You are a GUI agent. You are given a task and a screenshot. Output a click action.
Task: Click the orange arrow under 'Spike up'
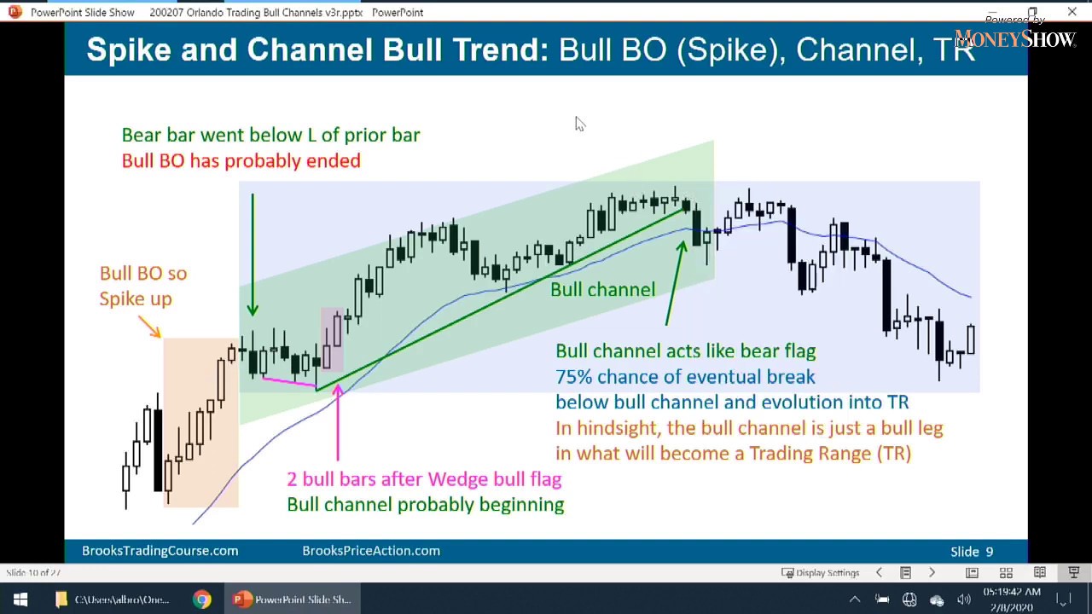pyautogui.click(x=149, y=327)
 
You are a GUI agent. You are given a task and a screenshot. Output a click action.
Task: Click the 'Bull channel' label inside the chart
pyautogui.click(x=602, y=290)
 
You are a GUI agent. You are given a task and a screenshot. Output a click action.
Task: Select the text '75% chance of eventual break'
pyautogui.click(x=685, y=377)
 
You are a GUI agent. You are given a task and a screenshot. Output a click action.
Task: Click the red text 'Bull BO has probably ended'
pyautogui.click(x=241, y=161)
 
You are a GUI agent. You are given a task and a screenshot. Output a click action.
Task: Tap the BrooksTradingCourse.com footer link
pyautogui.click(x=160, y=551)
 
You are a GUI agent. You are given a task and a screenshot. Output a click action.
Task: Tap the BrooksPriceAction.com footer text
pyautogui.click(x=371, y=551)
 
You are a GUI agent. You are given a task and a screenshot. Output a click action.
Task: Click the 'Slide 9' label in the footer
pyautogui.click(x=972, y=552)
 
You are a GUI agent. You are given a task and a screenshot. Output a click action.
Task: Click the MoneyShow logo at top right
pyautogui.click(x=1014, y=38)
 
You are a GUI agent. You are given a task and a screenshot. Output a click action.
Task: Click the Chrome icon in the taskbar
pyautogui.click(x=202, y=600)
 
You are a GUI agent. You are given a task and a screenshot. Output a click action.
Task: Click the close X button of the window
pyautogui.click(x=1072, y=12)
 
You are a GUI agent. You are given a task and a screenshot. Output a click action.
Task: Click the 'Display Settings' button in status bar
pyautogui.click(x=821, y=573)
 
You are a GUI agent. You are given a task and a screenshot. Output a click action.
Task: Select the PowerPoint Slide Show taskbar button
pyautogui.click(x=293, y=600)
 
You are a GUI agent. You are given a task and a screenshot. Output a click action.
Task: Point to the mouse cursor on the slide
pyautogui.click(x=579, y=125)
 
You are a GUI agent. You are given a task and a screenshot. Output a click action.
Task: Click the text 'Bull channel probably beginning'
pyautogui.click(x=425, y=505)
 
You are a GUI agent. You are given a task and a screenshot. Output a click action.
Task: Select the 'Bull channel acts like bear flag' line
pyautogui.click(x=685, y=351)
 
